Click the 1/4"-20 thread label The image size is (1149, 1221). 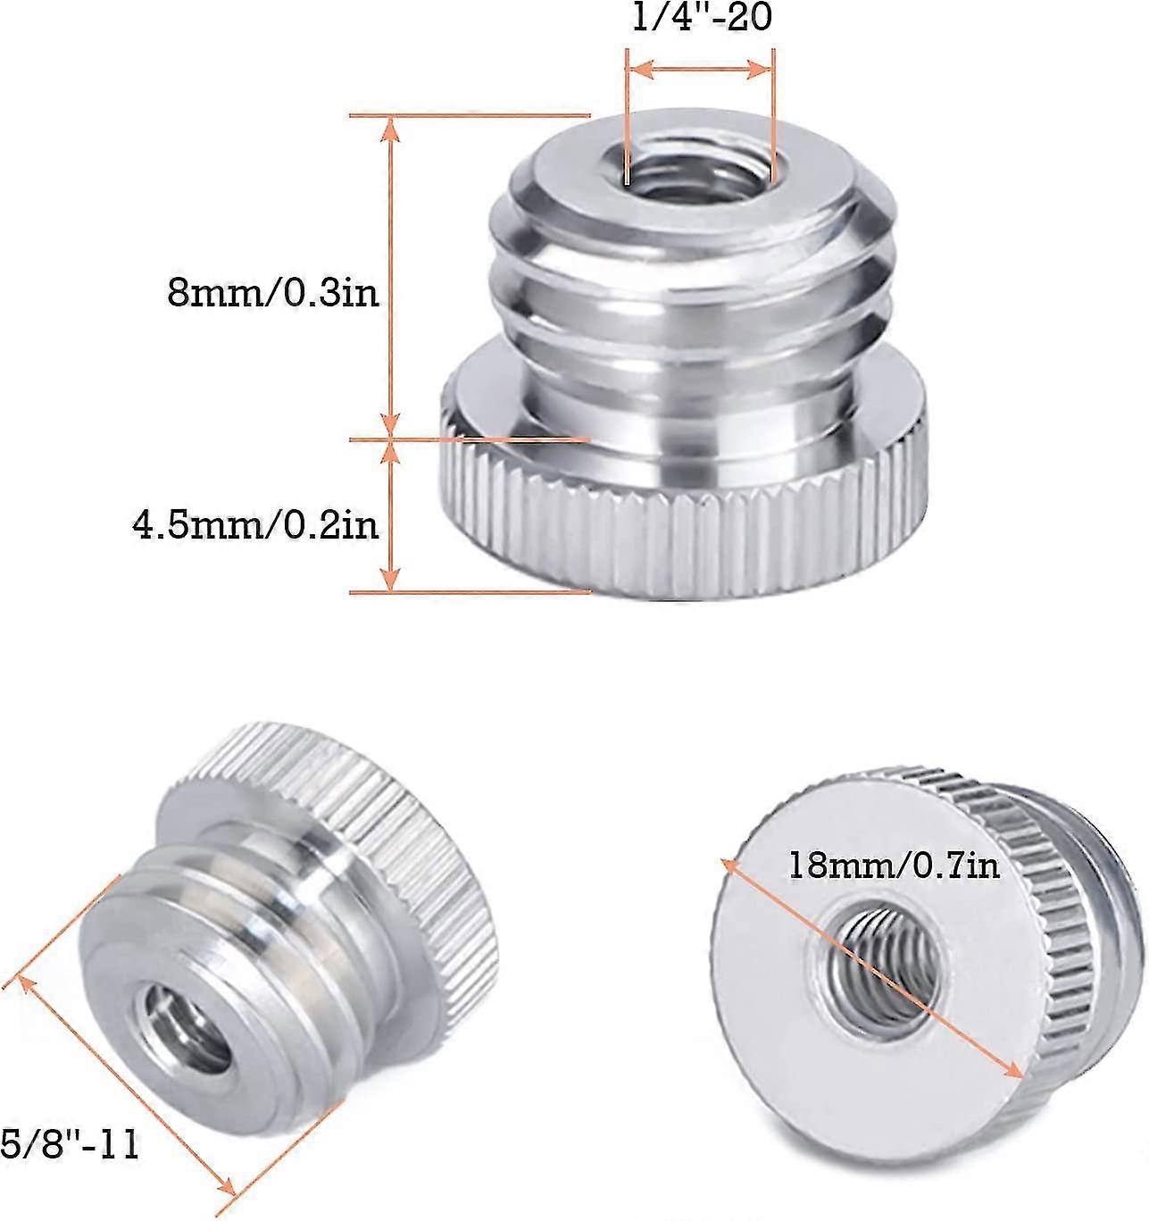(701, 18)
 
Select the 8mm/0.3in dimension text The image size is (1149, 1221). (273, 292)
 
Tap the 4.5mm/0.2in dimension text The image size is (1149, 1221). (255, 525)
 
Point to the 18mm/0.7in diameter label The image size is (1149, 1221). (894, 866)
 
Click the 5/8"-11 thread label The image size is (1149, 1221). (70, 1145)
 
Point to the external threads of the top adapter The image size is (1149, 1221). (687, 295)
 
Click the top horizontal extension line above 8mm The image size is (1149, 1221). (469, 115)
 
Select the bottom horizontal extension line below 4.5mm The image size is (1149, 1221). (469, 591)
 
